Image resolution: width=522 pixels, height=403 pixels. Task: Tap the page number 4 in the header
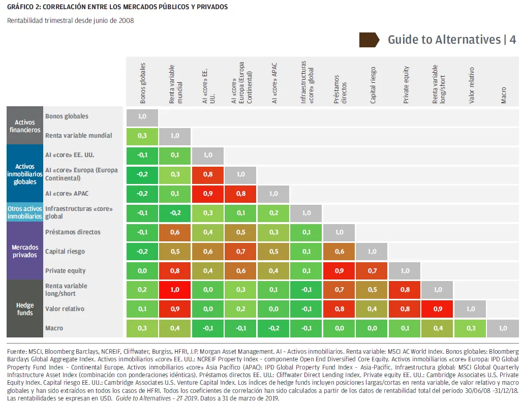pos(513,40)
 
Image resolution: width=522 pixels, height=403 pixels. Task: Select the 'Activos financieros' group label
pos(24,126)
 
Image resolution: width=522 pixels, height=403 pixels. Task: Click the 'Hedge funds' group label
pos(24,309)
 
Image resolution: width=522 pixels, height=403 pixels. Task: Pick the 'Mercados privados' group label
pos(24,252)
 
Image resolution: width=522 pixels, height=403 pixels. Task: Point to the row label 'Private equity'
pos(65,271)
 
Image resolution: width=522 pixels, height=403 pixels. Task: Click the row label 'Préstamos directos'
pos(73,232)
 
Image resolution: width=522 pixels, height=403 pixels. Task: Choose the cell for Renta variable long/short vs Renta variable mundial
pos(174,290)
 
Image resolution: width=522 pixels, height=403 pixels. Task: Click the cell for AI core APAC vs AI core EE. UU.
pos(207,194)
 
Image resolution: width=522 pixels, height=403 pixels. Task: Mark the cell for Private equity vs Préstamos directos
pos(340,271)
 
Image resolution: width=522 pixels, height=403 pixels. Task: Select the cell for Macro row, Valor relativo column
pos(471,328)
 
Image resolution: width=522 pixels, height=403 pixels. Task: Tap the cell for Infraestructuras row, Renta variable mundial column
pos(174,213)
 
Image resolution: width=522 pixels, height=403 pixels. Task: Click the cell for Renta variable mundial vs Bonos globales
pos(142,136)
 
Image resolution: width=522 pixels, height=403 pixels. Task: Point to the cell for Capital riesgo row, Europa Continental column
pos(241,252)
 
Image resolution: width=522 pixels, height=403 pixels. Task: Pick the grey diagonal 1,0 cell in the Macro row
pos(503,328)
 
